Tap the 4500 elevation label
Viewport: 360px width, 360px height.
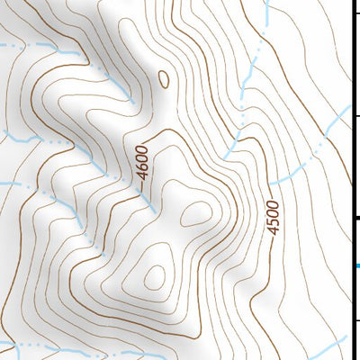point(273,217)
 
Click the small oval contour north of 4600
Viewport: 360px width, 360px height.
point(164,79)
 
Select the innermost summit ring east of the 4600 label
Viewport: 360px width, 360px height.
point(195,214)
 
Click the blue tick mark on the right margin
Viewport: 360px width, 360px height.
point(357,265)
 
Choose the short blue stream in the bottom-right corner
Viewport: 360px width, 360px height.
point(334,347)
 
